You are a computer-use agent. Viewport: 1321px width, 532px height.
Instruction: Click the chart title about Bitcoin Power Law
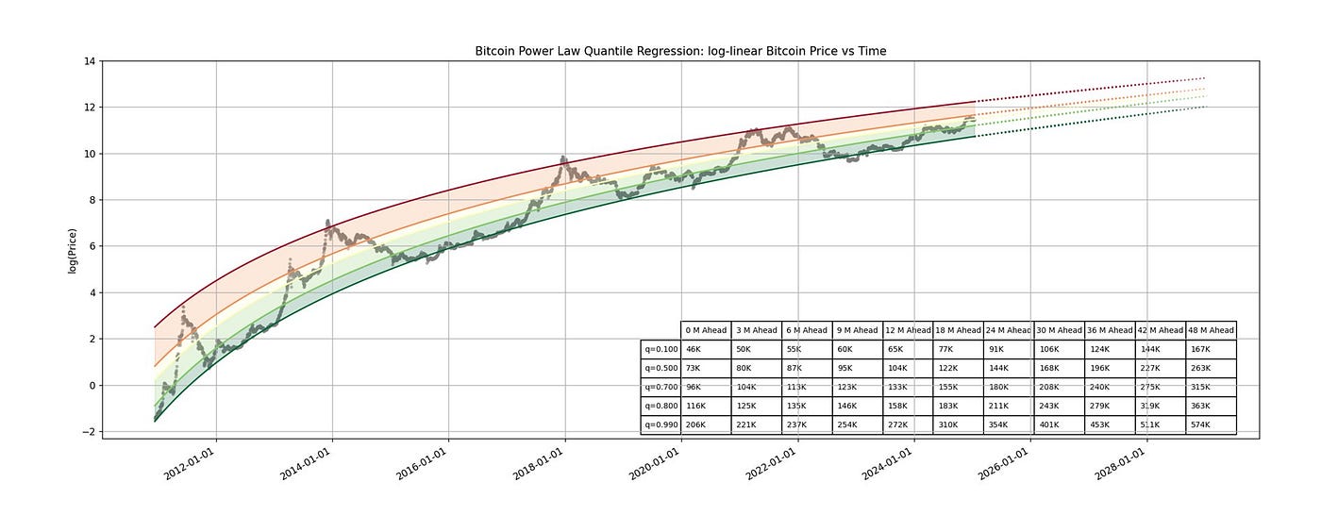coord(680,51)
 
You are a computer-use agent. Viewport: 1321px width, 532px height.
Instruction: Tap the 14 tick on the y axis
coord(90,61)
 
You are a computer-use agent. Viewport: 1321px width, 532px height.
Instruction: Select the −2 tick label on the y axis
coord(87,432)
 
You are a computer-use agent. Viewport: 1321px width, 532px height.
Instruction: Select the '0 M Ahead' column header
coord(706,330)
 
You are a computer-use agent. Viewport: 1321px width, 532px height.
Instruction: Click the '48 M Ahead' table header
coord(1212,330)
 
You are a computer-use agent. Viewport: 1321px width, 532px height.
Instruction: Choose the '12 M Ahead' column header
coord(908,330)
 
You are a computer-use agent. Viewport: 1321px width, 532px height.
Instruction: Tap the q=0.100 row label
coord(660,349)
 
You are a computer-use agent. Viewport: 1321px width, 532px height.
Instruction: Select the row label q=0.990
coord(660,424)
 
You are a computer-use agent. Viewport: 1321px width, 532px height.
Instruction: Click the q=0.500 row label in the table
coord(660,368)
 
